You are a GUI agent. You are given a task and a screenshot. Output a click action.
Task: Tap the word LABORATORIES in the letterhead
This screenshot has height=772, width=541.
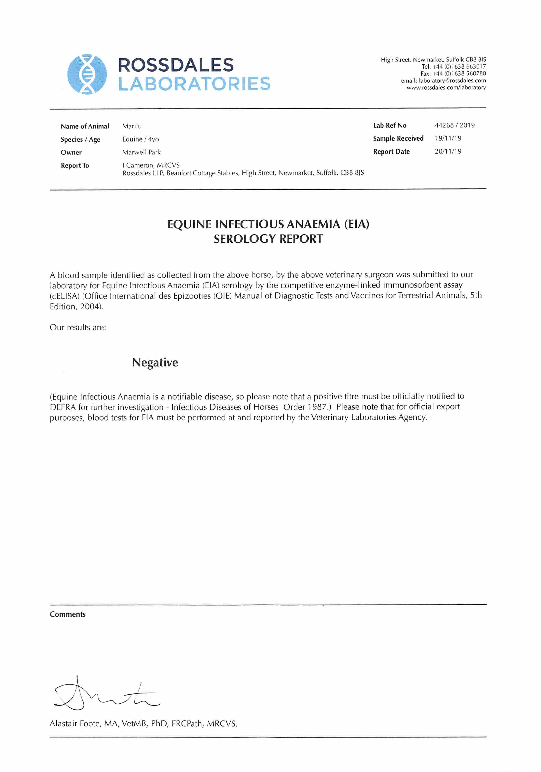194,84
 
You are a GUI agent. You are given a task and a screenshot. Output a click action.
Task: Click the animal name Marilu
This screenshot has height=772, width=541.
132,126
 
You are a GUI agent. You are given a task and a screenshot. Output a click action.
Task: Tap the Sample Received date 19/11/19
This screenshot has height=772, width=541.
448,138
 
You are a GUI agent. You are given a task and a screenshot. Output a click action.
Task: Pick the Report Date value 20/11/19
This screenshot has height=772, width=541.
448,151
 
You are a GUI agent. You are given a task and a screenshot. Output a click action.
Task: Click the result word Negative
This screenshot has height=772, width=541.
155,362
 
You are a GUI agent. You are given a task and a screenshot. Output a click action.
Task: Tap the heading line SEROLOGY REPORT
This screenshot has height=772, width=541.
268,239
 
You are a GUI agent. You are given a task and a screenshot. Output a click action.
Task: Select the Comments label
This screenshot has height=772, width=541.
67,614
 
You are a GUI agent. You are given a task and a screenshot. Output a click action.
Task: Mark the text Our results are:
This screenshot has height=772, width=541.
78,328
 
